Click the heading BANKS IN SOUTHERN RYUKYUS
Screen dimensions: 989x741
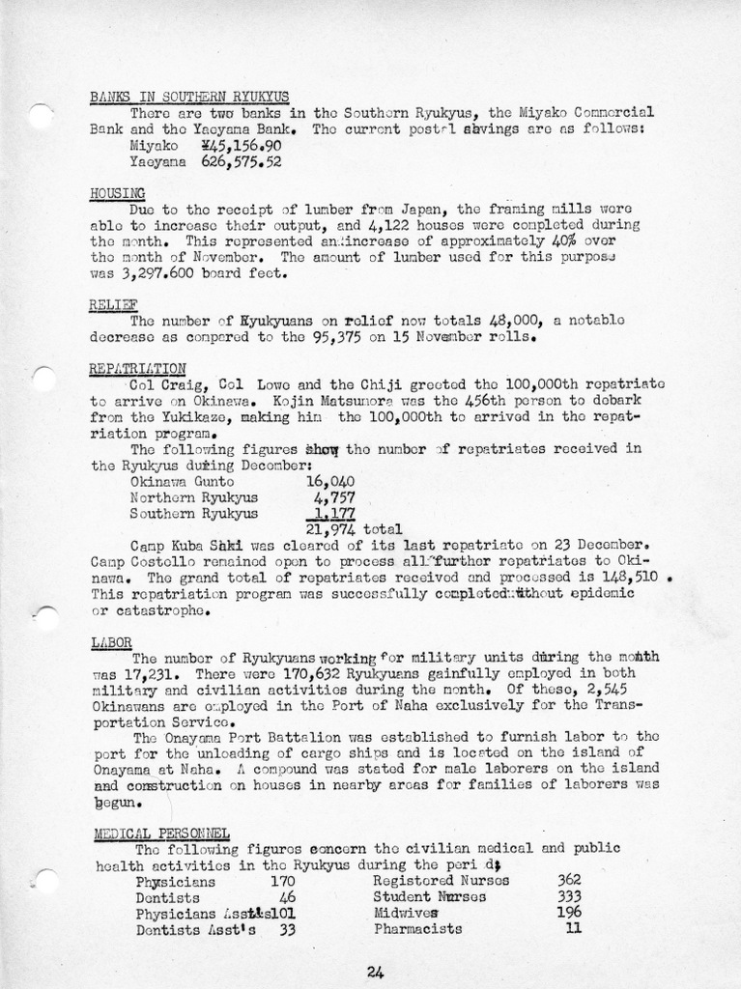(188, 97)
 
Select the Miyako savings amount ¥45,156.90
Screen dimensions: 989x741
(241, 145)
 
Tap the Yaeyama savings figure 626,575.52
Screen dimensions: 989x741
(241, 162)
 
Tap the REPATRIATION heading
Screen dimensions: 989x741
(137, 368)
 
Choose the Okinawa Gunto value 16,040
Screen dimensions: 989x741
(330, 480)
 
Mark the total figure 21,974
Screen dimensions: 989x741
(329, 529)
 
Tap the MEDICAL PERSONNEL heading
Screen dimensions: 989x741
(161, 834)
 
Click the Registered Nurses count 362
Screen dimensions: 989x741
(570, 880)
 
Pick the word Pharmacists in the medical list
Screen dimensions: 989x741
(417, 929)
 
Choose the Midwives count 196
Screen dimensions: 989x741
(570, 912)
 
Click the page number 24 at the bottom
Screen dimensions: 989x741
(376, 973)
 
